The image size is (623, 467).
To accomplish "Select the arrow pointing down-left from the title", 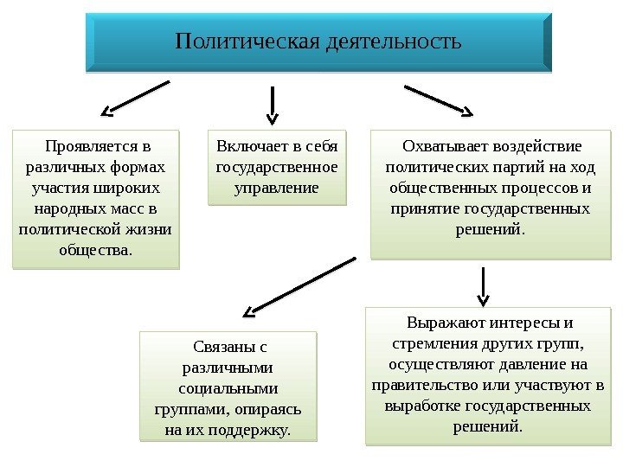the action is click(136, 98).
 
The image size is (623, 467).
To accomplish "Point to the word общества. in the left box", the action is click(96, 251).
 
